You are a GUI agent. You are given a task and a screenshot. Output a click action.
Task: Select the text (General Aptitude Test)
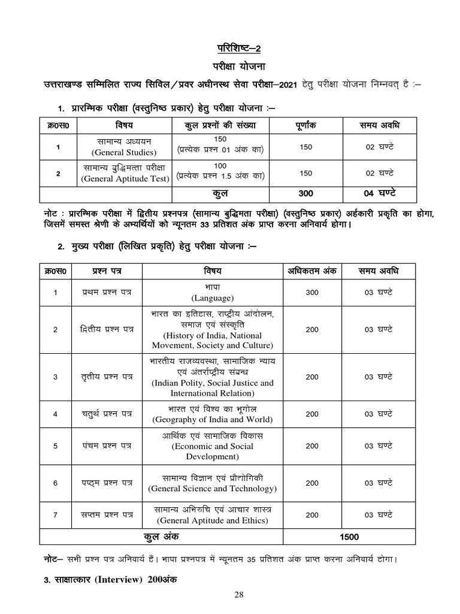click(126, 178)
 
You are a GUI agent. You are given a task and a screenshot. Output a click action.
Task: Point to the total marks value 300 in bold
click(305, 194)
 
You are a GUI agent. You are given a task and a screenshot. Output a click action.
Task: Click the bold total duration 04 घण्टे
click(380, 194)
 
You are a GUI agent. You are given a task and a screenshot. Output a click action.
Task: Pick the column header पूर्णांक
click(305, 125)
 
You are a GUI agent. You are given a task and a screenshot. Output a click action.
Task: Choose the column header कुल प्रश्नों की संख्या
click(220, 125)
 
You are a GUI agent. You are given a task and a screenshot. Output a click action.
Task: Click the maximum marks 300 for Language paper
click(312, 293)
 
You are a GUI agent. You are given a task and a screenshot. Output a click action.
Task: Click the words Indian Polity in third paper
click(180, 383)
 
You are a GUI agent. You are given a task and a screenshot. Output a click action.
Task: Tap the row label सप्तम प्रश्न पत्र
click(108, 515)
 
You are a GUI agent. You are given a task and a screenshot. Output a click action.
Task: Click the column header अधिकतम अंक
click(312, 271)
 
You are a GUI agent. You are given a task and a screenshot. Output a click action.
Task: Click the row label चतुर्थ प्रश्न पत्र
click(108, 414)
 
